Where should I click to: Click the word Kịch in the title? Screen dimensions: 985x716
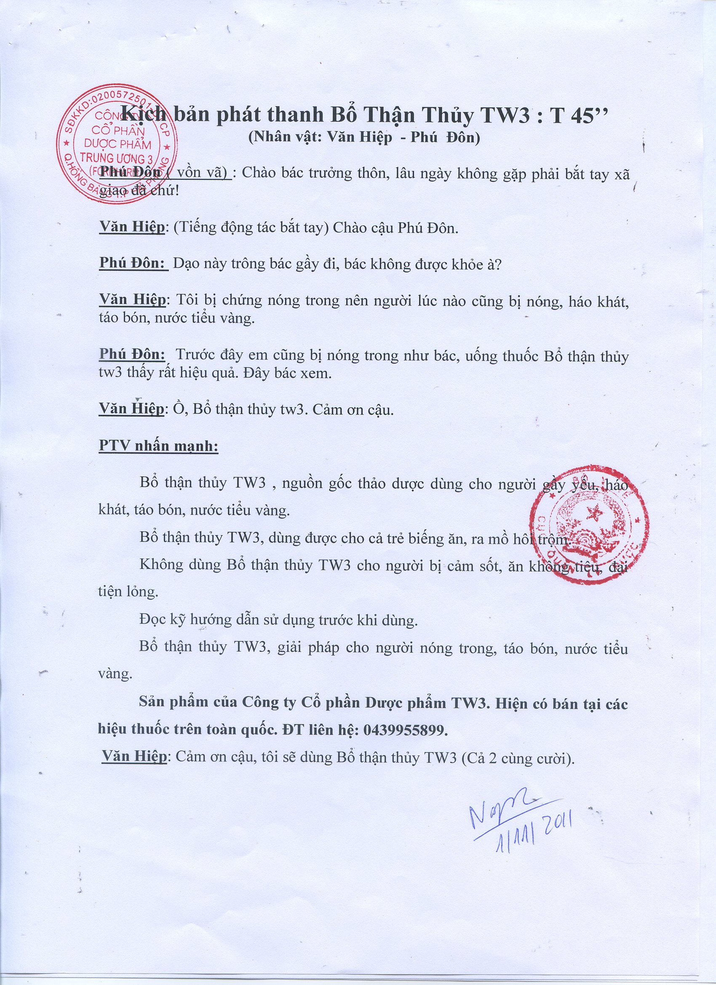pos(143,115)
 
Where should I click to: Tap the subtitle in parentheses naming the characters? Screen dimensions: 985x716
pos(363,138)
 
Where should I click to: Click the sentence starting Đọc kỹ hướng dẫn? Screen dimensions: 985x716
pos(278,620)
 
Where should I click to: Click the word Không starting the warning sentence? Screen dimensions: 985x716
pos(161,565)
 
